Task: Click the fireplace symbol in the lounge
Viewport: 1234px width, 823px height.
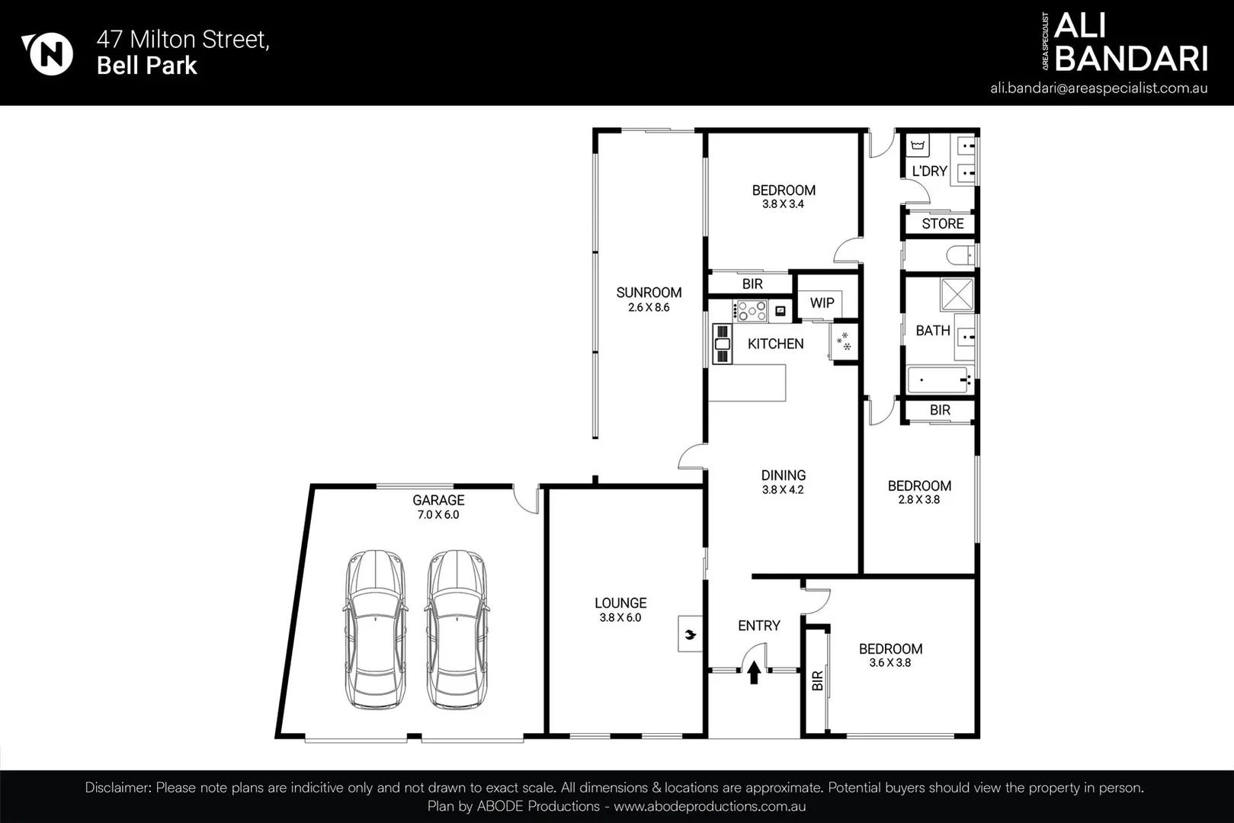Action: [x=691, y=634]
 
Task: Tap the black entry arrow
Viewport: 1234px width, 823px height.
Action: [x=754, y=673]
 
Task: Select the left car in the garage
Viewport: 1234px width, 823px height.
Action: [x=376, y=629]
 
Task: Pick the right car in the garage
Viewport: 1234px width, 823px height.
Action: [x=457, y=629]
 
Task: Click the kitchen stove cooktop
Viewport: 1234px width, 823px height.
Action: [x=750, y=311]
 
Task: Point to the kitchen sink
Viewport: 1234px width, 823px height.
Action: [x=723, y=344]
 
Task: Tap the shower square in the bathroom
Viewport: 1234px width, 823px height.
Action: [x=957, y=295]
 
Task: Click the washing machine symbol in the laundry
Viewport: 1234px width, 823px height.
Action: [x=917, y=146]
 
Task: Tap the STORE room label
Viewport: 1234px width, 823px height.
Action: [x=943, y=223]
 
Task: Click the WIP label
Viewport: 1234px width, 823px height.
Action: [x=822, y=303]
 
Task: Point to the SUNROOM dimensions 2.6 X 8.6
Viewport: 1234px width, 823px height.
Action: [x=649, y=308]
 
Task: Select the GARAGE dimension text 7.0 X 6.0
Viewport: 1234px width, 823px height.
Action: [x=438, y=515]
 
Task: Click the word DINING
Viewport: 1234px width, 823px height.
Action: [x=784, y=476]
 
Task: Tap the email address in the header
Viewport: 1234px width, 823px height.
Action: [x=1099, y=88]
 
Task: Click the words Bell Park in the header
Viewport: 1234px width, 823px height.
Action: [x=147, y=66]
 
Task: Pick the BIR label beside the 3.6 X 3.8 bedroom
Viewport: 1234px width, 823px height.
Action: [x=818, y=680]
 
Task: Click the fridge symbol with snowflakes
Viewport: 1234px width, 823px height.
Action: [x=844, y=341]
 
